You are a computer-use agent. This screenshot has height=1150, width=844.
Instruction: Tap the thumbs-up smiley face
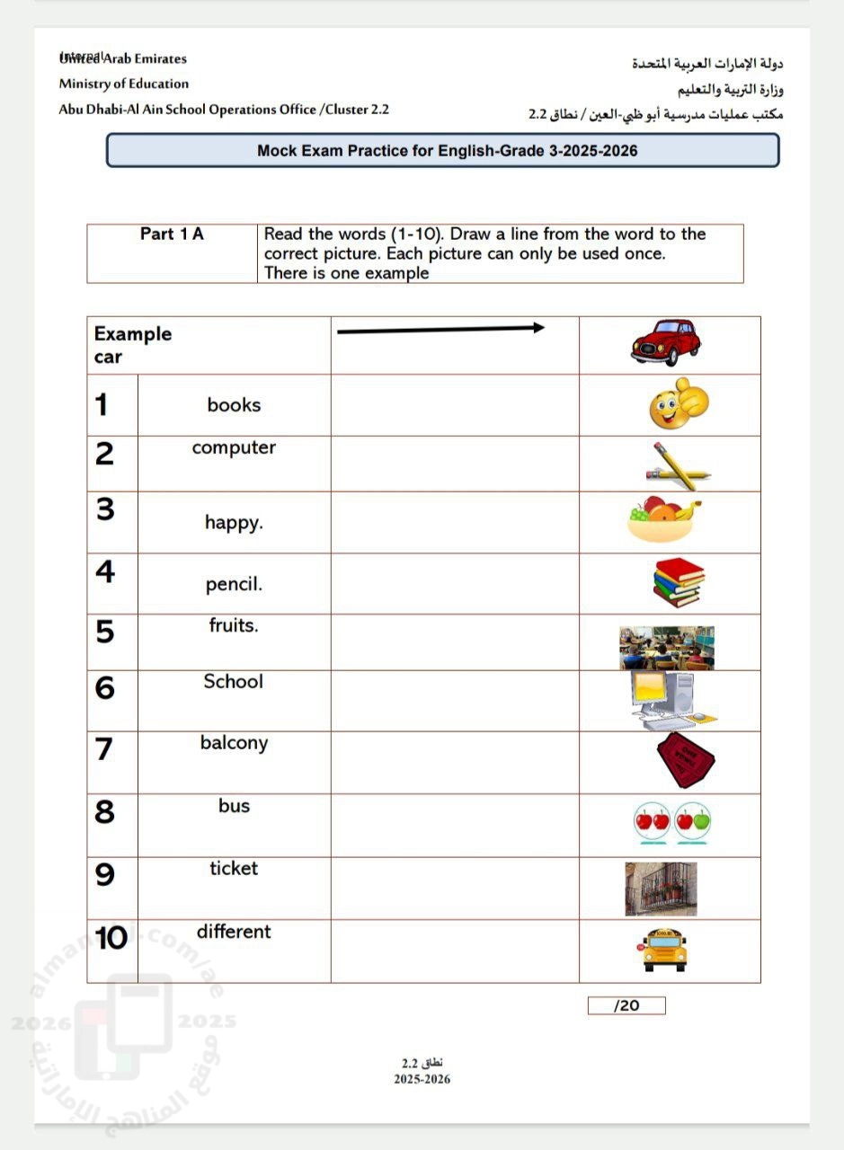[x=679, y=404]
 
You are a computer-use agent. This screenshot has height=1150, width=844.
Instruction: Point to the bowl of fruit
[x=664, y=521]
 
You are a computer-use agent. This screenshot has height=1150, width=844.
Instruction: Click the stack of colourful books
[x=678, y=582]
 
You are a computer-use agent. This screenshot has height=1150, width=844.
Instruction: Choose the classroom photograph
[x=666, y=648]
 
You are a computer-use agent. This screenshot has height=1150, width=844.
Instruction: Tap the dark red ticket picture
[x=685, y=760]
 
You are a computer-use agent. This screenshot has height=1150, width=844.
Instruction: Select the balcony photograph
[x=661, y=889]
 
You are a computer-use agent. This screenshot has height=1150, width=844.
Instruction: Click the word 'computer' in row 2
[x=234, y=447]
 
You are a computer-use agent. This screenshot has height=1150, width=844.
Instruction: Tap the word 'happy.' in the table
[x=234, y=522]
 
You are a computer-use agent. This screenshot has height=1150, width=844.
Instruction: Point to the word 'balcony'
[x=234, y=743]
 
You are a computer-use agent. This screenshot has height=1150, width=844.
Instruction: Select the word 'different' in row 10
[x=234, y=932]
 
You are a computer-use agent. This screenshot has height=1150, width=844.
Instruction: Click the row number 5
[x=105, y=632]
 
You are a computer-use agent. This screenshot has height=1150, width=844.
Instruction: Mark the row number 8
[x=105, y=812]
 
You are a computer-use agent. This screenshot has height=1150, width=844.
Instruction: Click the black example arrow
[x=440, y=330]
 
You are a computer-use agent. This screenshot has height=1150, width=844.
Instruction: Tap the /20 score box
[x=626, y=1005]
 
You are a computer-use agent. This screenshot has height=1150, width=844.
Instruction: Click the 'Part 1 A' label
[x=172, y=234]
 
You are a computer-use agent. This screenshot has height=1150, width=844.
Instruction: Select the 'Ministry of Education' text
[x=124, y=84]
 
